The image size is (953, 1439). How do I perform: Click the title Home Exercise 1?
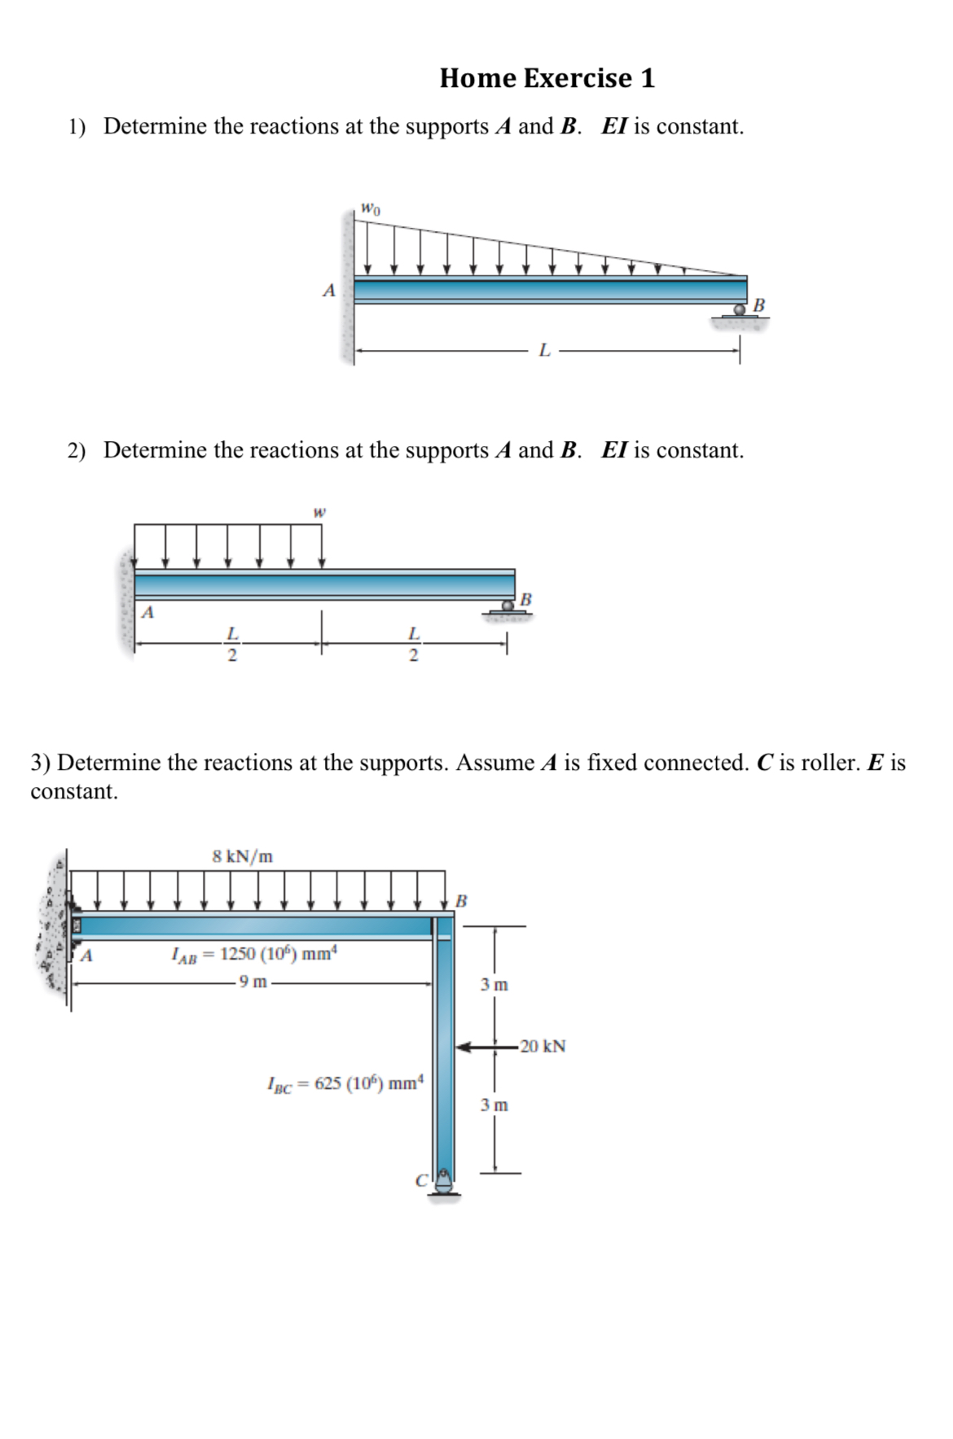tap(547, 78)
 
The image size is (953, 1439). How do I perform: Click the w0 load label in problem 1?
tap(370, 208)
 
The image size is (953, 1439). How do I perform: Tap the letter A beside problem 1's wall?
tap(329, 290)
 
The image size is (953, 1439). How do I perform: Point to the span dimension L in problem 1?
tap(544, 351)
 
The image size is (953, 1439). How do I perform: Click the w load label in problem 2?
tap(319, 512)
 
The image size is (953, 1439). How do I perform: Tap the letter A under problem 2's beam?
tap(148, 613)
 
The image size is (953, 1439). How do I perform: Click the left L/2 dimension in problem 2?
tap(231, 644)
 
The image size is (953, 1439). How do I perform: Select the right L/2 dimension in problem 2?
tap(414, 644)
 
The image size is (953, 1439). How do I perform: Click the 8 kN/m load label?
tap(243, 856)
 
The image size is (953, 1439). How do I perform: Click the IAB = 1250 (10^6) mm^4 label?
tap(254, 954)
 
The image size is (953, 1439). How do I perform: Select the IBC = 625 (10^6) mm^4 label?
tap(345, 1083)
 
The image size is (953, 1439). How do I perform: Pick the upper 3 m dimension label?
tap(494, 985)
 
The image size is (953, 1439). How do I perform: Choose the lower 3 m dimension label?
tap(494, 1105)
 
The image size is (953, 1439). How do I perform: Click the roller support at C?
tap(443, 1183)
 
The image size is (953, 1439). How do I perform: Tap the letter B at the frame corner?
tap(461, 901)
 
